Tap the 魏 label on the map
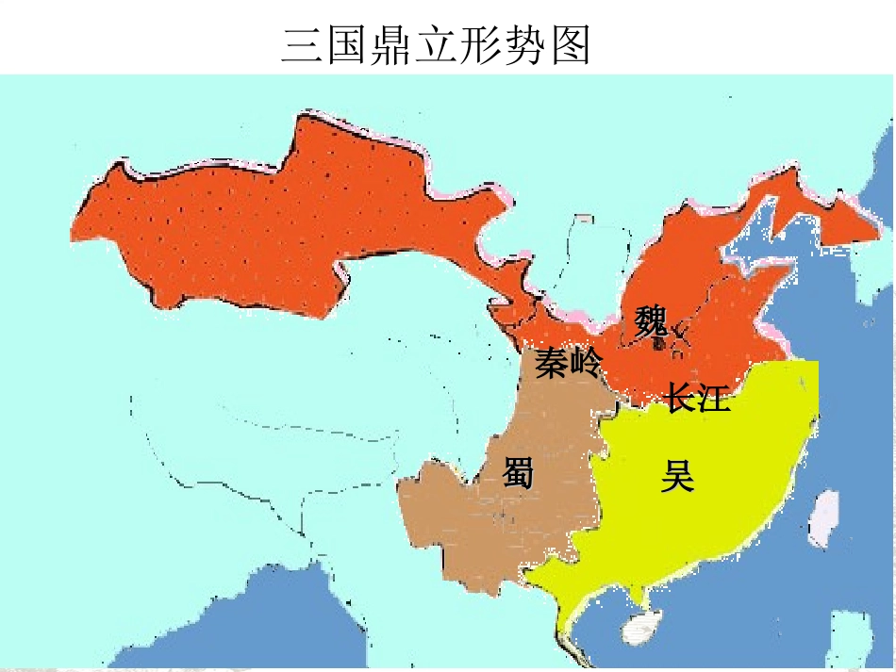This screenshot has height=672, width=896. pos(651,321)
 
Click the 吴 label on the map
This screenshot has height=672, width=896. pos(677,477)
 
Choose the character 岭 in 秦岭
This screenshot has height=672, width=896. pos(585,363)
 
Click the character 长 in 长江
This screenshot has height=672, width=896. pos(681,398)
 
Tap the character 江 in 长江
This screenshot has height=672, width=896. pos(714,398)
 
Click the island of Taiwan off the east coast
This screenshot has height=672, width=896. pos(823,518)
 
